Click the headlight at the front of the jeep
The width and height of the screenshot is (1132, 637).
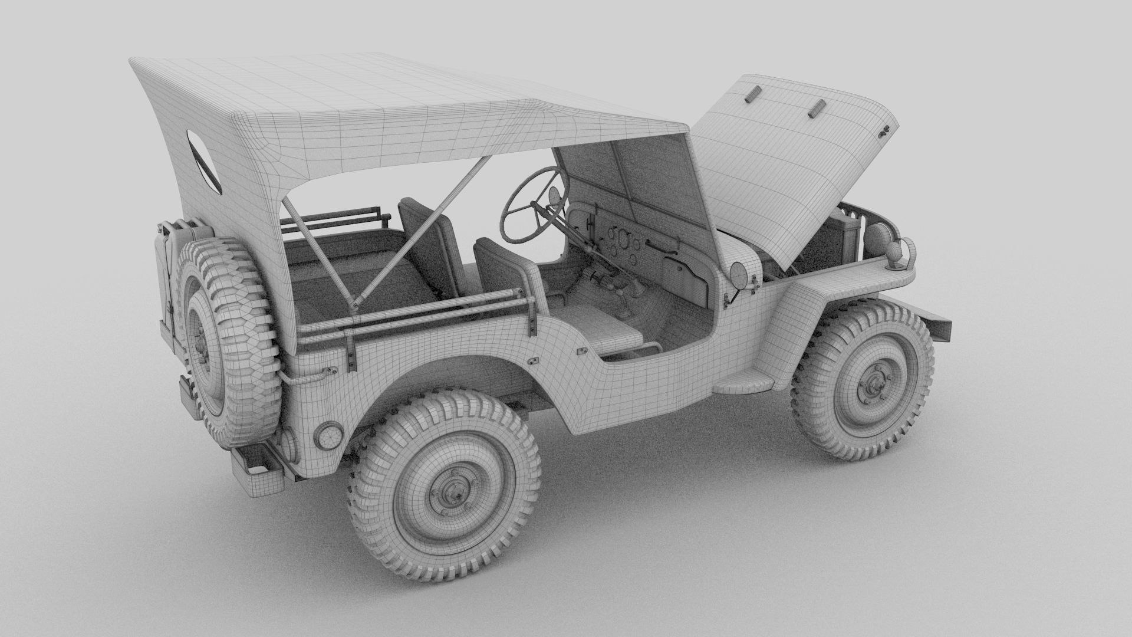point(874,239)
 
